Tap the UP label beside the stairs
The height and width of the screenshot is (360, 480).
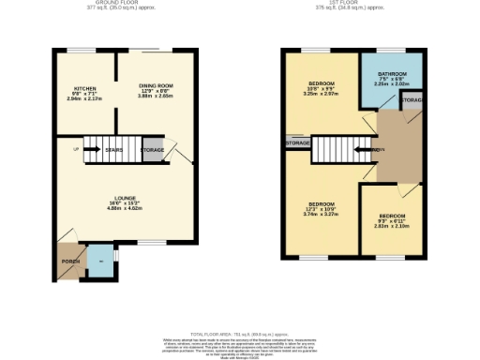pyautogui.click(x=75, y=148)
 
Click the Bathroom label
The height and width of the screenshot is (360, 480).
pyautogui.click(x=386, y=78)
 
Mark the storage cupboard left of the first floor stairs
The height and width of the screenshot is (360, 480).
pyautogui.click(x=297, y=142)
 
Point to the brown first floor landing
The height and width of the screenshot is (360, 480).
pyautogui.click(x=394, y=145)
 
